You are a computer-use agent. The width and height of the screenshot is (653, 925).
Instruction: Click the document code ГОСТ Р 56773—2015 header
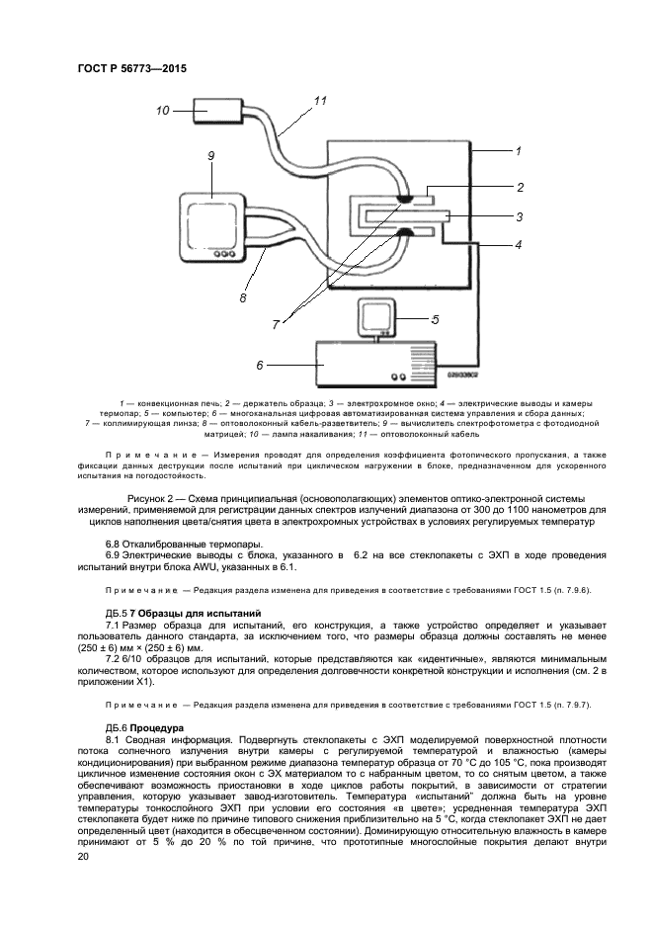(131, 69)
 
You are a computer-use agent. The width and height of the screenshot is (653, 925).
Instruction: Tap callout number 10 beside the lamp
(163, 111)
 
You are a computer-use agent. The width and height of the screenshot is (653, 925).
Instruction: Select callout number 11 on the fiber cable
(319, 101)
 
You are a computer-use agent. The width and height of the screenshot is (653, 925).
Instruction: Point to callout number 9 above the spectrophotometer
(210, 156)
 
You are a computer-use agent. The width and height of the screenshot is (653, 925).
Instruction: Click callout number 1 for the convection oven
(518, 151)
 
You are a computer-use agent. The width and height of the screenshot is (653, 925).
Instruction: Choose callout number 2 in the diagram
(520, 186)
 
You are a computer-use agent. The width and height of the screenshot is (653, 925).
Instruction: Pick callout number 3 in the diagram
(520, 214)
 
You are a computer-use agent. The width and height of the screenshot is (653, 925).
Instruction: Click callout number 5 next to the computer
(436, 318)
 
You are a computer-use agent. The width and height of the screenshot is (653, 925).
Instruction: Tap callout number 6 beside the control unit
(259, 365)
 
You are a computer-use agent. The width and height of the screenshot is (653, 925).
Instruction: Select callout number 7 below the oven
(278, 323)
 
